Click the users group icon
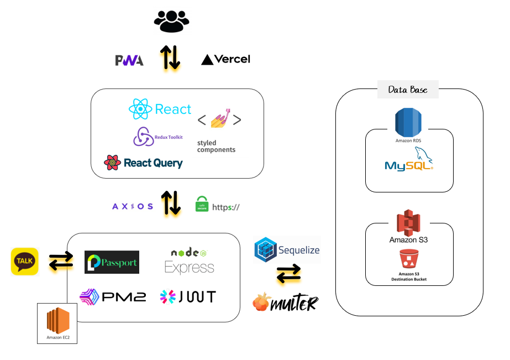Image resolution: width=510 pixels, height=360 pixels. tap(171, 22)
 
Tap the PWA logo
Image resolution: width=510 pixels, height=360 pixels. tap(129, 60)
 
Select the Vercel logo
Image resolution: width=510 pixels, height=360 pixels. tap(225, 59)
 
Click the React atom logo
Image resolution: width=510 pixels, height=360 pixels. tap(140, 109)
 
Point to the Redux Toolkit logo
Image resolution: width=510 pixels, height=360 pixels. tap(144, 137)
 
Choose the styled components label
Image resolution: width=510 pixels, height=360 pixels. tap(216, 147)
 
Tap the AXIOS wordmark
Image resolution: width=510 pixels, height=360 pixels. tap(133, 206)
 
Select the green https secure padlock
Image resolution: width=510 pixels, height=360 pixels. tap(202, 205)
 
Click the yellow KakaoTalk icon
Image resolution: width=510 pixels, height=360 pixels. tap(25, 261)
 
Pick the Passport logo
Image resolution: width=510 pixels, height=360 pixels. tap(112, 263)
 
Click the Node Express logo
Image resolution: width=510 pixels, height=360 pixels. tap(189, 261)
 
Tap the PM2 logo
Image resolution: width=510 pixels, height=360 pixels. tap(113, 297)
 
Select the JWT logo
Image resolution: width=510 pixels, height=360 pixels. tap(188, 297)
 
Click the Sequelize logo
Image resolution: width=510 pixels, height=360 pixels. tap(287, 250)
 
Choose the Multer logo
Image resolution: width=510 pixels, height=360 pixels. tap(285, 302)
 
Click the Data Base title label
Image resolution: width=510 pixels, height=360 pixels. tap(408, 90)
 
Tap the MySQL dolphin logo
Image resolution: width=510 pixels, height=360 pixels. tap(409, 160)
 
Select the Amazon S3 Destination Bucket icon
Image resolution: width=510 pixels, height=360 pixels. tap(408, 259)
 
